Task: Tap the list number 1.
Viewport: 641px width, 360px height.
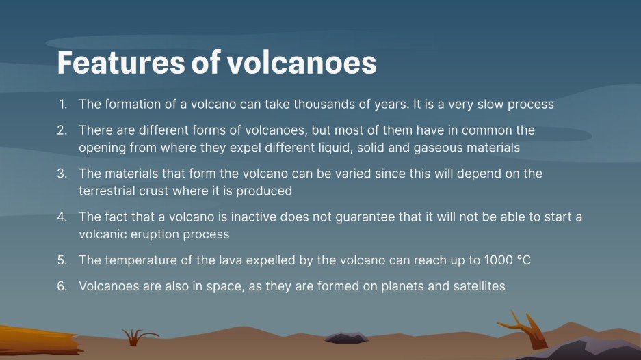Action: pyautogui.click(x=63, y=105)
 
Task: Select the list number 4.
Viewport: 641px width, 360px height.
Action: pyautogui.click(x=62, y=217)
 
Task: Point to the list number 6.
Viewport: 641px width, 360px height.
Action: pyautogui.click(x=62, y=286)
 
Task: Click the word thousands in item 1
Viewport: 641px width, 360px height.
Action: pyautogui.click(x=344, y=105)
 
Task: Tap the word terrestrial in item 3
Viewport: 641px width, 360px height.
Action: pyautogui.click(x=110, y=191)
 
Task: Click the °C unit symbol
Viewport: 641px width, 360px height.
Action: pyautogui.click(x=524, y=260)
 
